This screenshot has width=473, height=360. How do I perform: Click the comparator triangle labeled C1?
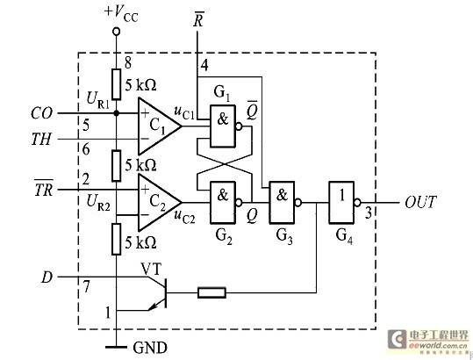pyautogui.click(x=157, y=126)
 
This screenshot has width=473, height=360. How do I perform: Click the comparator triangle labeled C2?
pyautogui.click(x=157, y=202)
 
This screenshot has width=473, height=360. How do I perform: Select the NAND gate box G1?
pyautogui.click(x=223, y=126)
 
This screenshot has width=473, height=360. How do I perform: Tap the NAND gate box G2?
pyautogui.click(x=223, y=203)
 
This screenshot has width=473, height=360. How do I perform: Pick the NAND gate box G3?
pyautogui.click(x=282, y=203)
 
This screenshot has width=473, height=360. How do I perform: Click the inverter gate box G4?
pyautogui.click(x=341, y=203)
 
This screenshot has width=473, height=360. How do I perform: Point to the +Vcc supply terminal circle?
pyautogui.click(x=116, y=32)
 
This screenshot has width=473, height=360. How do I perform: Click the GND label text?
pyautogui.click(x=150, y=348)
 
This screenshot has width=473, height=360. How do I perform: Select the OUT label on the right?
pyautogui.click(x=420, y=202)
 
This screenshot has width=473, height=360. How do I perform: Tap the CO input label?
pyautogui.click(x=41, y=113)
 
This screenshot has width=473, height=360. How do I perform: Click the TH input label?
pyautogui.click(x=41, y=140)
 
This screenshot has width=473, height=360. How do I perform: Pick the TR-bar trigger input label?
pyautogui.click(x=44, y=188)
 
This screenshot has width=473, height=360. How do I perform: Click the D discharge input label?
pyautogui.click(x=47, y=277)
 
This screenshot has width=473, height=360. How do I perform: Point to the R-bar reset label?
pyautogui.click(x=198, y=19)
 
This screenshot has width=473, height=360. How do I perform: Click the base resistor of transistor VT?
pyautogui.click(x=211, y=292)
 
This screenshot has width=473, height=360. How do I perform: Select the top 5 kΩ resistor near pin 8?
pyautogui.click(x=117, y=84)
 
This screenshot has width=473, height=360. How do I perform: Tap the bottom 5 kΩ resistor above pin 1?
pyautogui.click(x=117, y=240)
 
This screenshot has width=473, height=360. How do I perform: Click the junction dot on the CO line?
pyautogui.click(x=116, y=113)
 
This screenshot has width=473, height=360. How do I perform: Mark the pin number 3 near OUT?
pyautogui.click(x=369, y=213)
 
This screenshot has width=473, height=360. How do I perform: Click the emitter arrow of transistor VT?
pyautogui.click(x=154, y=306)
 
